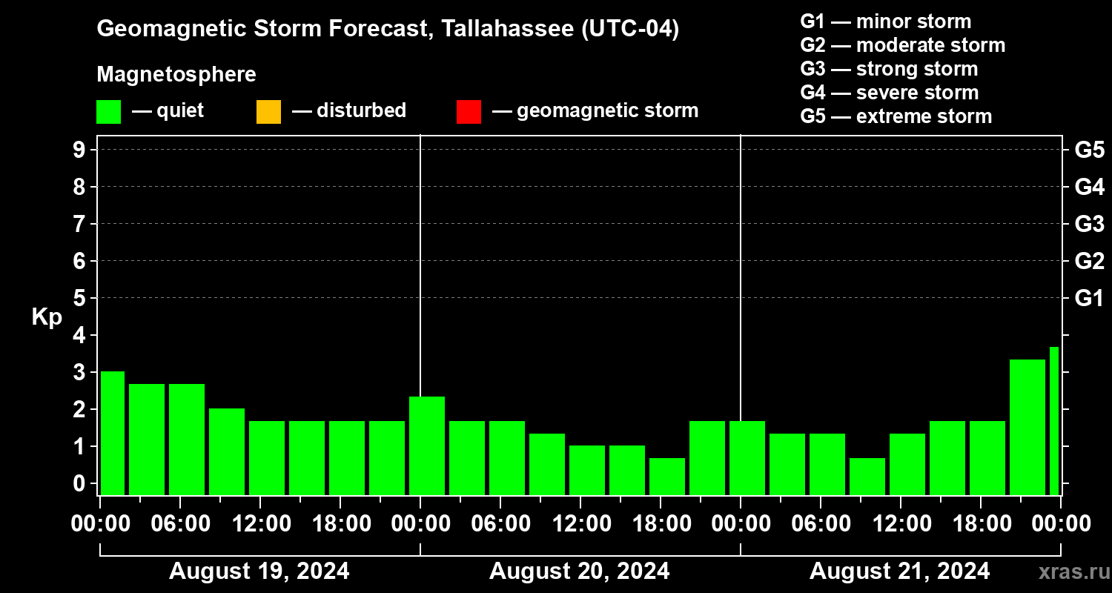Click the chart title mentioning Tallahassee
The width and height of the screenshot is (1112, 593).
388,30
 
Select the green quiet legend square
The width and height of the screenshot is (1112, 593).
108,112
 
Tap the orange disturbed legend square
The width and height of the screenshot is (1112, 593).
268,112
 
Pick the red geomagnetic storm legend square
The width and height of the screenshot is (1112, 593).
469,112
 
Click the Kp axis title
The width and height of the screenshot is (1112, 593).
47,317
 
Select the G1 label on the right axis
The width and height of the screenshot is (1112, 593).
1089,299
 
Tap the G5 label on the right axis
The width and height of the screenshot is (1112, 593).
1089,150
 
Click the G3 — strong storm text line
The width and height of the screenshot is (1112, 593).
889,69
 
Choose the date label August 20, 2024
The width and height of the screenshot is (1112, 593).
579,572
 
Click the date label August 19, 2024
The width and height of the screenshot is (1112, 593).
259,572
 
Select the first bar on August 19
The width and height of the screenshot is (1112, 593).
113,433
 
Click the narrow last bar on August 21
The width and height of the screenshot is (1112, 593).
1053,420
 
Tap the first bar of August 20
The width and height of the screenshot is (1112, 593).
427,445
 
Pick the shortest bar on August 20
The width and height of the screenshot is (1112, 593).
667,477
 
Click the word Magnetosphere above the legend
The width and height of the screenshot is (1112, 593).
176,75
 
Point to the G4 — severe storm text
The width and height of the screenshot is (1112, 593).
890,93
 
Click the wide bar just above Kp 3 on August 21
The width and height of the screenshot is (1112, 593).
1027,427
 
